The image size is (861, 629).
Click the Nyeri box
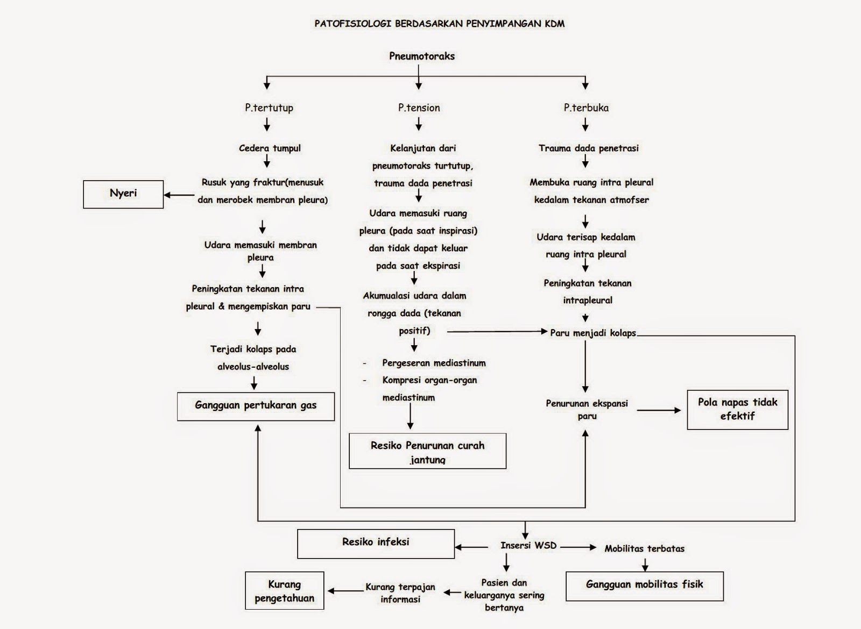coord(123,194)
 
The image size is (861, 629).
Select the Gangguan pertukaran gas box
coord(256,405)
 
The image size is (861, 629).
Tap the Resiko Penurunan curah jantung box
coord(427,451)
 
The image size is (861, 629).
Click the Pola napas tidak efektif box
coord(737,410)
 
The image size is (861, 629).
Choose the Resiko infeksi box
coord(376,543)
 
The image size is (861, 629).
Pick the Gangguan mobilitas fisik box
coord(644,585)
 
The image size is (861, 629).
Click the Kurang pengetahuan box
coord(284,591)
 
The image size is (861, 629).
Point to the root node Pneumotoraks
coord(422,56)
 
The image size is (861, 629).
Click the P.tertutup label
coord(269,108)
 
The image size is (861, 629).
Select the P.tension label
coord(419,108)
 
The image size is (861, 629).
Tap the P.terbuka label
coord(586,108)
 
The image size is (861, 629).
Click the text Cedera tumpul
coord(270,148)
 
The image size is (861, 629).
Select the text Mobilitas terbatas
coord(644,549)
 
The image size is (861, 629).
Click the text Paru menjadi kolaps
coord(592,333)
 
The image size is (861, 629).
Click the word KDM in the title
coord(554,24)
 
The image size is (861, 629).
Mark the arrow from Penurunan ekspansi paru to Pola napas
coord(659,410)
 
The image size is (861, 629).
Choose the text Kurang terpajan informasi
coord(400,593)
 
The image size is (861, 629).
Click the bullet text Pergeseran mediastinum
coord(434,363)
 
